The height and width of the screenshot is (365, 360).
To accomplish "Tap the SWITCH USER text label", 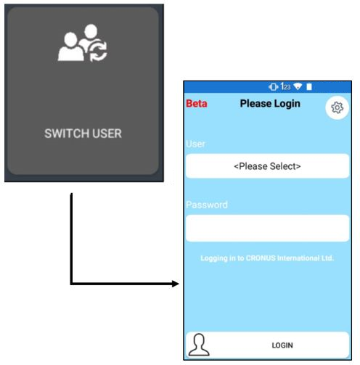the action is (x=83, y=134).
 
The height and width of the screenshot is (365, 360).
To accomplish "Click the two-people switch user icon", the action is (x=82, y=43).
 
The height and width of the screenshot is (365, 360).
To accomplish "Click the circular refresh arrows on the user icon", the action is (x=98, y=51).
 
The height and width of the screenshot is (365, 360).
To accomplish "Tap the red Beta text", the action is (x=197, y=104).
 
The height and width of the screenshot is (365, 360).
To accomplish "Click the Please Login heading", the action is (x=270, y=104).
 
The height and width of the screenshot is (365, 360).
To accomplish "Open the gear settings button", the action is (x=337, y=107).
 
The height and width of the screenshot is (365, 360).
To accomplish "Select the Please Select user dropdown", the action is (x=267, y=166).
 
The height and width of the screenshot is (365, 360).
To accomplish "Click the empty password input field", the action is (x=267, y=228).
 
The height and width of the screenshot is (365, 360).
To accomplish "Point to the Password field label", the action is (x=207, y=205).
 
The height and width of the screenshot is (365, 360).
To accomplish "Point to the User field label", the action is (x=195, y=144).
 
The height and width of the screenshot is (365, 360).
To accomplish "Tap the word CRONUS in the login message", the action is (x=261, y=258).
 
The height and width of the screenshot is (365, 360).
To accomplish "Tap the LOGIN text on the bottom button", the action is (x=282, y=345).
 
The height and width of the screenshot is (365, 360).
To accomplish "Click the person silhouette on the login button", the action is (x=199, y=345).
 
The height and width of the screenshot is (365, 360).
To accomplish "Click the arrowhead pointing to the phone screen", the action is (x=176, y=284).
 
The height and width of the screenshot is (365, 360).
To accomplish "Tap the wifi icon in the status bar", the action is (x=298, y=86).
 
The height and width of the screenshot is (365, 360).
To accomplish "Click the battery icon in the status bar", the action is (x=309, y=86).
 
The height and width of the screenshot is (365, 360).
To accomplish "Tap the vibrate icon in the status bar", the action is (x=274, y=86).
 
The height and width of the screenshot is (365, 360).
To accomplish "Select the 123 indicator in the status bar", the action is (x=285, y=86).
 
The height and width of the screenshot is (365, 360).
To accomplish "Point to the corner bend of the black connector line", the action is (x=71, y=284).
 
